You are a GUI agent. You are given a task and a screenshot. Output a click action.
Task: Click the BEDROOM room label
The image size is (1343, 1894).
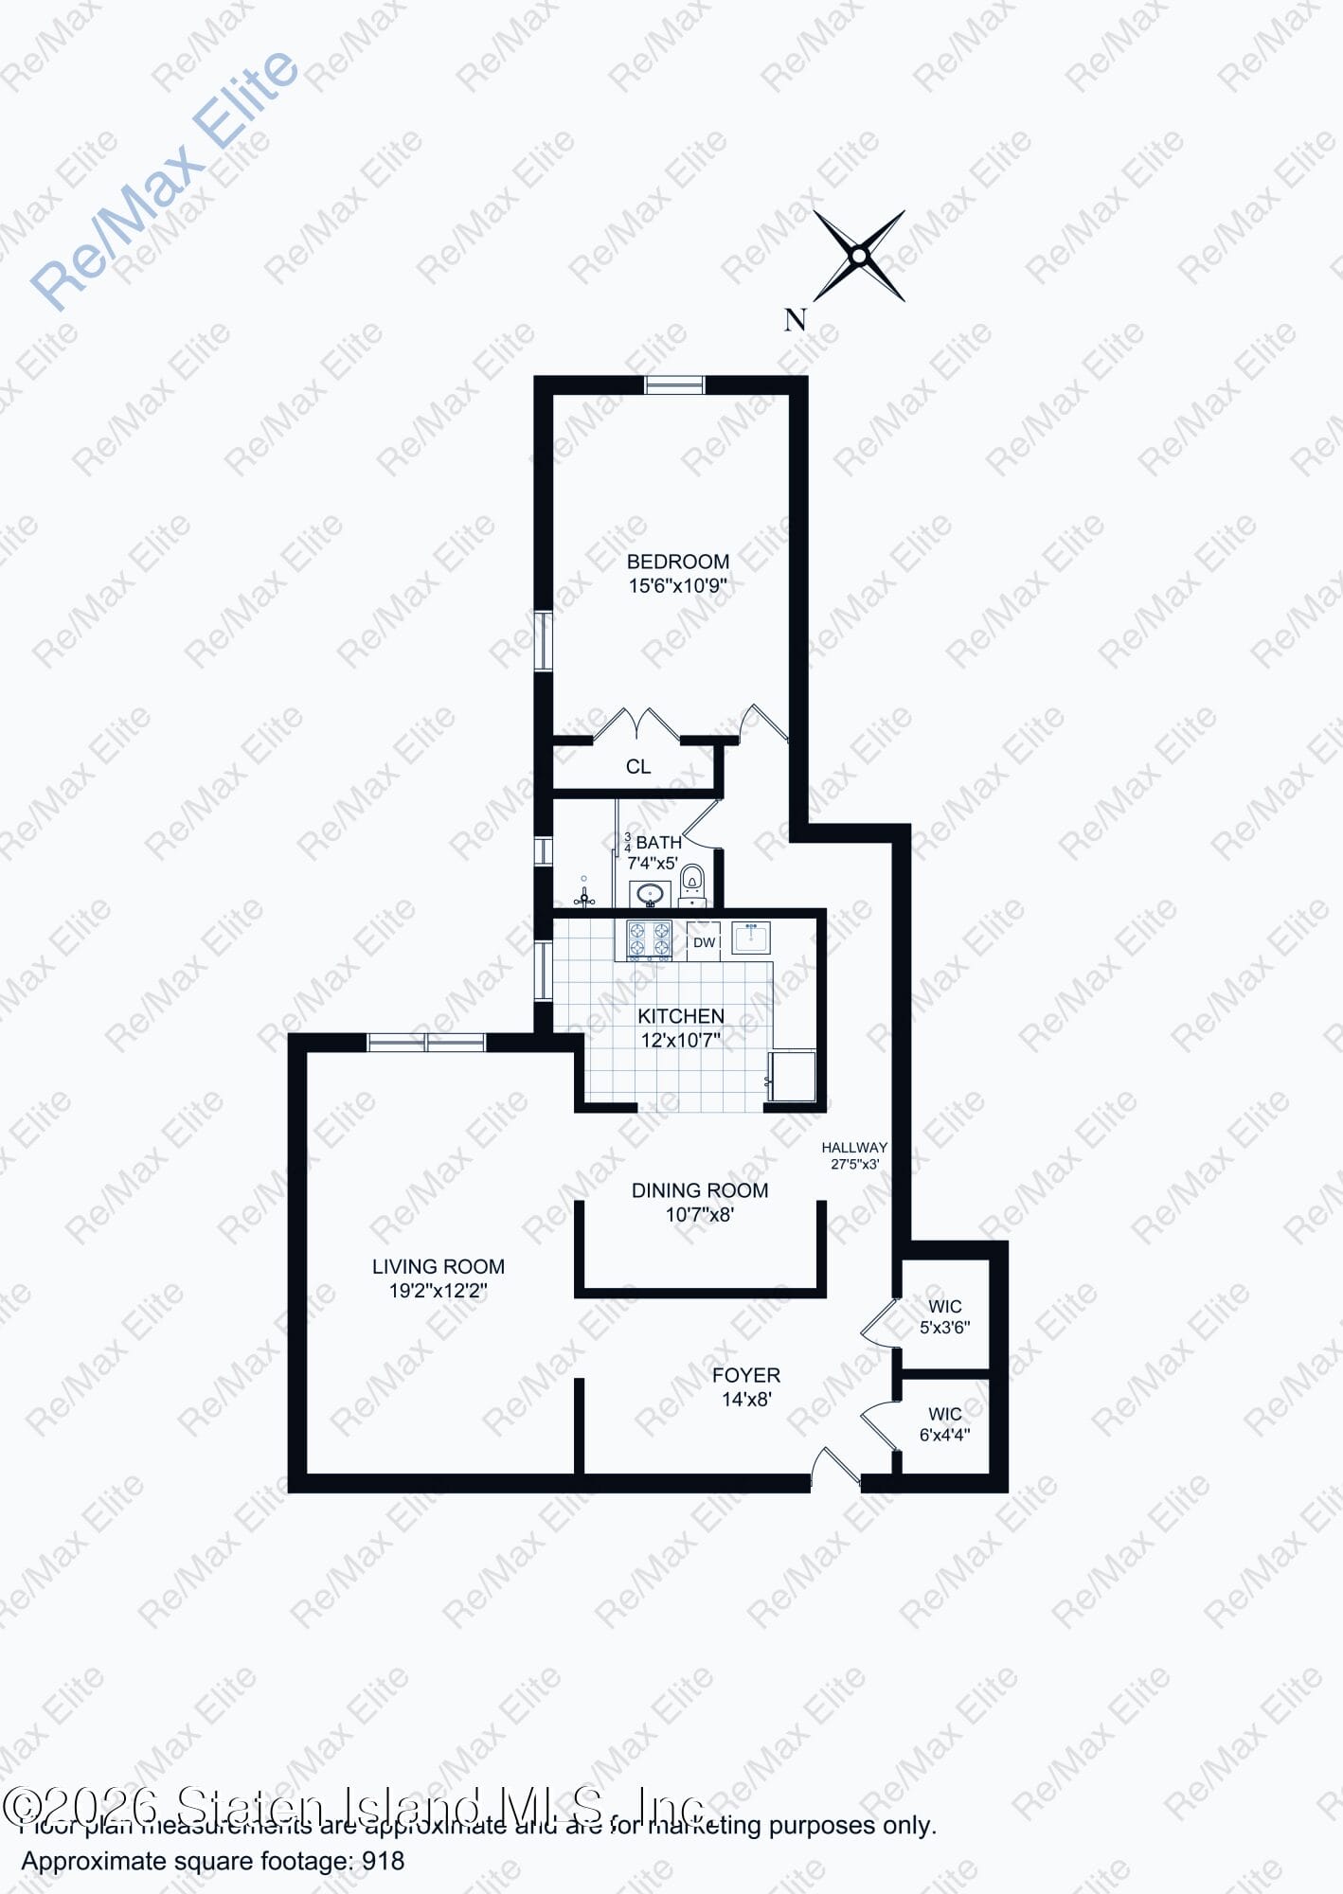pos(677,562)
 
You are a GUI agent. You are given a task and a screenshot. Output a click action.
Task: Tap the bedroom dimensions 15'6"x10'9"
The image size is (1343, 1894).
pos(677,586)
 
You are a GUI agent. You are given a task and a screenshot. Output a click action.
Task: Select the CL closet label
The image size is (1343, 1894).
pos(638,767)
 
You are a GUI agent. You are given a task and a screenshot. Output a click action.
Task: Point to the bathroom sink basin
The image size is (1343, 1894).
pos(650,893)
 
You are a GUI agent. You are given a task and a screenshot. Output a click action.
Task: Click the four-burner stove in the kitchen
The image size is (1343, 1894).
pos(650,940)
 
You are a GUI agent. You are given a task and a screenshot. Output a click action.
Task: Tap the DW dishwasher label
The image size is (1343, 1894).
pos(704,942)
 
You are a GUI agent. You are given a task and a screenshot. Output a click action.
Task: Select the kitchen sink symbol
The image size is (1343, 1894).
pos(751,938)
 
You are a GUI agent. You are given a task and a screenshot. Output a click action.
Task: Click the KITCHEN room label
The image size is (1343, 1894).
pos(680,1016)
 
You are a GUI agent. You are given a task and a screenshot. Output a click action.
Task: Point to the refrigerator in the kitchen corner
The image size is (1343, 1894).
pos(794,1076)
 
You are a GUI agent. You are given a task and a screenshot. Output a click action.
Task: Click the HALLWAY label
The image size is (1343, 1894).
pos(854,1147)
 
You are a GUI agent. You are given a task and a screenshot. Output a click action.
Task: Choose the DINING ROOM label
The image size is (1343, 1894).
pos(700,1190)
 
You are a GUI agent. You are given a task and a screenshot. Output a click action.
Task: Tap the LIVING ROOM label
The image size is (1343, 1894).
pos(438,1266)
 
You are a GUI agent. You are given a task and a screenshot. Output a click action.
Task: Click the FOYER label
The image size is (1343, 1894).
pos(746,1375)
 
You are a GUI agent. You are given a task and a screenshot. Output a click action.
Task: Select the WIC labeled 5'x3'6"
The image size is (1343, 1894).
pos(944,1307)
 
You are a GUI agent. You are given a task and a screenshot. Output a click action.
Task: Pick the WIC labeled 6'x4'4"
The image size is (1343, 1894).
pos(944,1414)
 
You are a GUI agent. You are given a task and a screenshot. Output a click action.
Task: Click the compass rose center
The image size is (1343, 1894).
pos(859,256)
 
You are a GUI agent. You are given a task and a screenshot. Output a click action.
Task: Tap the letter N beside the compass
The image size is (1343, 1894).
pos(795,320)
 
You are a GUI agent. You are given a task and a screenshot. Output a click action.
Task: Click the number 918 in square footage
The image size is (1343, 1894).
pos(384,1861)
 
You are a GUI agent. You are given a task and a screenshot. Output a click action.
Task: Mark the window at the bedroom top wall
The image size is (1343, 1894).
pos(674,384)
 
